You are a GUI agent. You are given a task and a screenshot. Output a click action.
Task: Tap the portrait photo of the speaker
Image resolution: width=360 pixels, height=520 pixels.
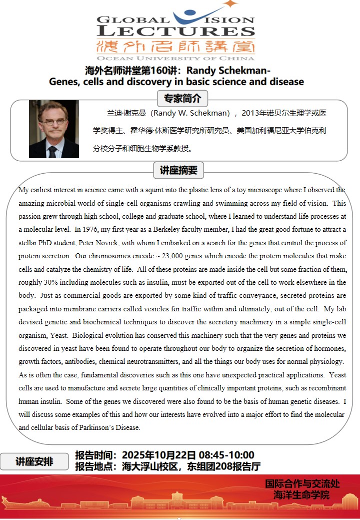(x=54, y=129)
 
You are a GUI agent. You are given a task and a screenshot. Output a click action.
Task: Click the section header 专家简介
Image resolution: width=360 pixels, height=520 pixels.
(x=182, y=98)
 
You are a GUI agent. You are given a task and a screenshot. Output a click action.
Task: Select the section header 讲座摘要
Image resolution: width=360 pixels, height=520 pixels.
(x=178, y=170)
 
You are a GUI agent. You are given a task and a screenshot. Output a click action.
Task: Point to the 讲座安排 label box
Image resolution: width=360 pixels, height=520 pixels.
(x=34, y=461)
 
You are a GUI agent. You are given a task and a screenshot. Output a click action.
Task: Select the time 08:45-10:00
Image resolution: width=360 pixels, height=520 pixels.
(x=226, y=455)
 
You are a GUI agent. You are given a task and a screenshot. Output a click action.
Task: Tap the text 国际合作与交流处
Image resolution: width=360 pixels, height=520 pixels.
(x=302, y=483)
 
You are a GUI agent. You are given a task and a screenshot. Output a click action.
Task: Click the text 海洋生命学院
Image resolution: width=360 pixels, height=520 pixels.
(x=302, y=495)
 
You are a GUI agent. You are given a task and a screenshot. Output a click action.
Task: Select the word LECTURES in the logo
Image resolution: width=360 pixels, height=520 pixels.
(x=176, y=31)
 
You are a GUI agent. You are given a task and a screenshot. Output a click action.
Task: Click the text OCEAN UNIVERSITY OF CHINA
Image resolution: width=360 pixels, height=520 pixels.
(x=176, y=58)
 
